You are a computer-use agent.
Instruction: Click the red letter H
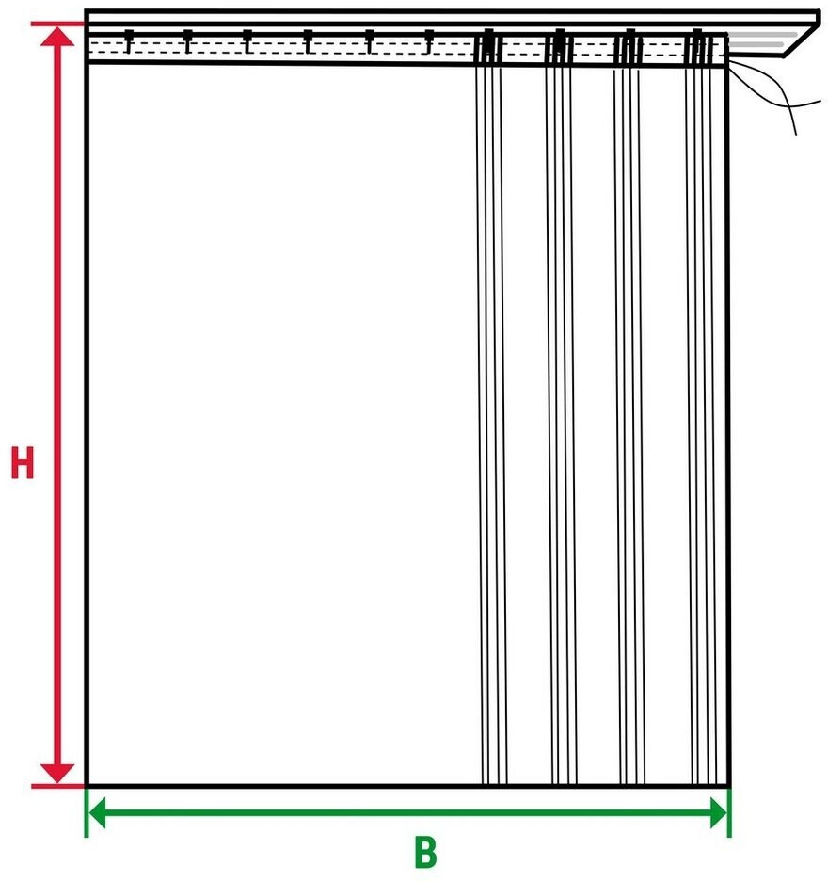[22, 463]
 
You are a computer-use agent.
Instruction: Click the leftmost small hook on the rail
[128, 41]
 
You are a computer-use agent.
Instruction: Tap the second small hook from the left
[187, 41]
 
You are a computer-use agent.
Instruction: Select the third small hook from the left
[247, 41]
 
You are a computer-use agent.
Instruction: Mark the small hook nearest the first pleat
[429, 41]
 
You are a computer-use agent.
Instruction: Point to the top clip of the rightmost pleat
[698, 46]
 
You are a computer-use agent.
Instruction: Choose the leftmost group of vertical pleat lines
[492, 424]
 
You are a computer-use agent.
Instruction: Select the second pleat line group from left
[562, 424]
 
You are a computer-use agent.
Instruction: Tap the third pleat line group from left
[629, 424]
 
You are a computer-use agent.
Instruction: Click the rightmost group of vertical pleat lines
[701, 424]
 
